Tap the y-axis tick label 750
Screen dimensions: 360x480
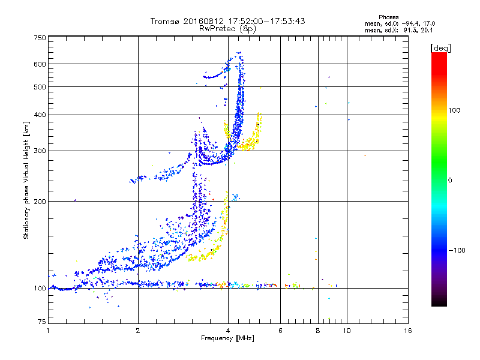point(40,38)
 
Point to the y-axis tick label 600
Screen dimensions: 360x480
point(40,64)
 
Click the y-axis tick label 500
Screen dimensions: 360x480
point(40,87)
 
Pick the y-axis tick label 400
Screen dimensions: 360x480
point(40,115)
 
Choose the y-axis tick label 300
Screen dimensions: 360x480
point(40,151)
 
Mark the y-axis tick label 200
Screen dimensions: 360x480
point(40,202)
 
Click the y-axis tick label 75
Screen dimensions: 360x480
point(41,323)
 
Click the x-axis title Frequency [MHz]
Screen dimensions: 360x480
point(228,339)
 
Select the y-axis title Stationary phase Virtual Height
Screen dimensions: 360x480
point(26,180)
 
